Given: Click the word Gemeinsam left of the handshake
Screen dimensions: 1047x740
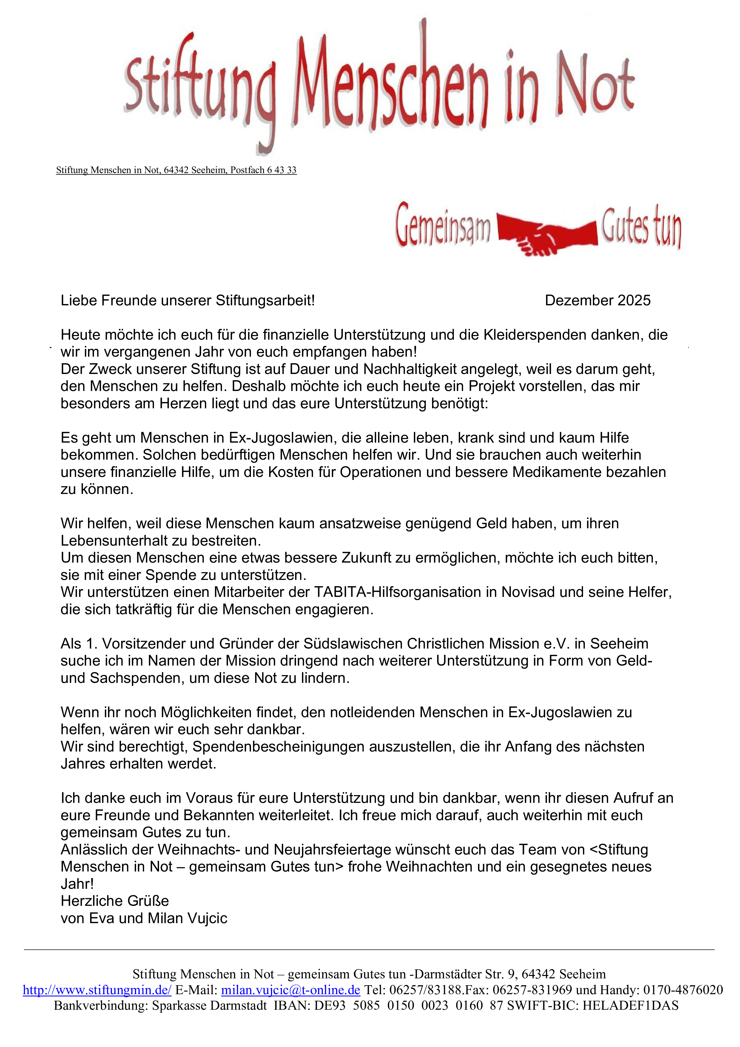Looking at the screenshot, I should click(443, 226).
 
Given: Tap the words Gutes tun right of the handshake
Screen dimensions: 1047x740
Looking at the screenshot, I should click(641, 227).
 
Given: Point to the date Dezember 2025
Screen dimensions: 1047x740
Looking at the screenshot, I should click(597, 301).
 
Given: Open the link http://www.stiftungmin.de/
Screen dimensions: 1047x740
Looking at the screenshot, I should click(97, 990).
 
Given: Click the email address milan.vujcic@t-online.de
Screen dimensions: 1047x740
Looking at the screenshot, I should click(290, 990).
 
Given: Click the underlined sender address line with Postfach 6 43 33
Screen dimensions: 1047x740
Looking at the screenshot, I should click(176, 170).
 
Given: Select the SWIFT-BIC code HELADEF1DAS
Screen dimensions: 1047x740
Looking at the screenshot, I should click(630, 1006).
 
